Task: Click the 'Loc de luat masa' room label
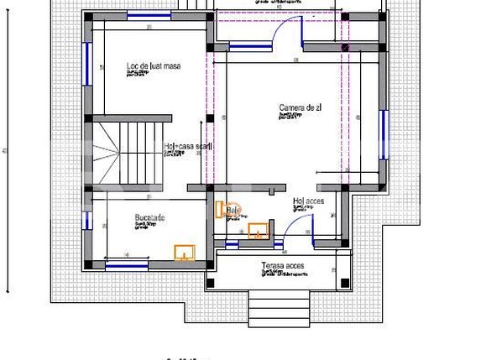[x=154, y=65]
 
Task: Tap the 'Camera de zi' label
[x=300, y=107]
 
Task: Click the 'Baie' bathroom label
[x=233, y=210]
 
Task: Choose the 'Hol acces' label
[x=307, y=201]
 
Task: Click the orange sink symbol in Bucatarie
[x=185, y=251]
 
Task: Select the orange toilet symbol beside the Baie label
[x=221, y=209]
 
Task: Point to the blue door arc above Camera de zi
[x=290, y=32]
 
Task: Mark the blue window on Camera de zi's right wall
[x=384, y=134]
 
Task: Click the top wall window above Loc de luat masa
[x=149, y=16]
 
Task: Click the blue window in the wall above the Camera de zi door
[x=251, y=47]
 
